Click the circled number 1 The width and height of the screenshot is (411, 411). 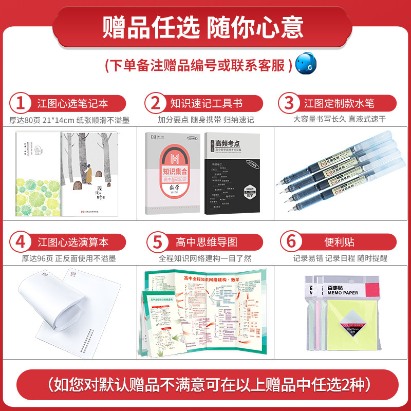(21, 103)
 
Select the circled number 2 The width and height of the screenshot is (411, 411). (154, 103)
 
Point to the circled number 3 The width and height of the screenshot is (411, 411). (287, 103)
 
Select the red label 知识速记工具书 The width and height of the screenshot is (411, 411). (206, 103)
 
